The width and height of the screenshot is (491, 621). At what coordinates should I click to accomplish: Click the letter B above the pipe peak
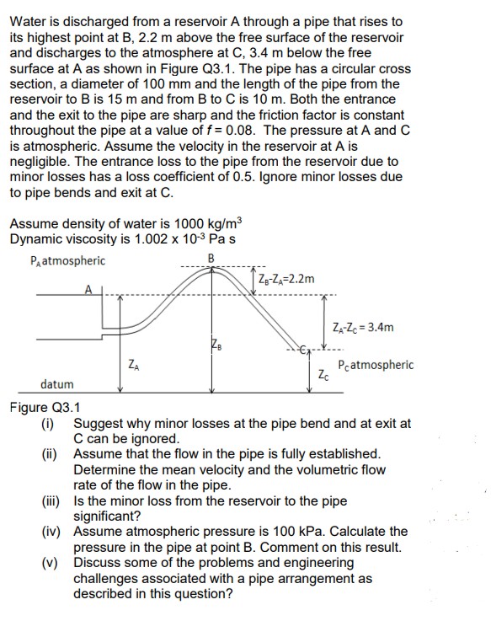point(212,258)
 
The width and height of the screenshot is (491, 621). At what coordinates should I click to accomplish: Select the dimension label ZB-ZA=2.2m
point(288,279)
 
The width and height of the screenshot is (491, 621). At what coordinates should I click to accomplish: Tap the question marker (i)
point(48,423)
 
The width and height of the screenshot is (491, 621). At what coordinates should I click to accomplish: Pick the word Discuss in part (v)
point(99,562)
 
